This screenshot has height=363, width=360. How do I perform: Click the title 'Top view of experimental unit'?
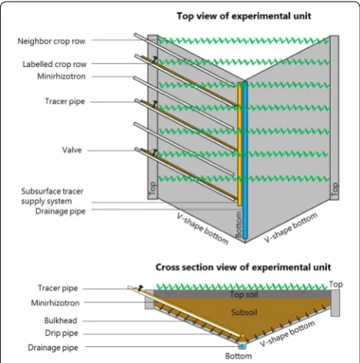tap(244, 16)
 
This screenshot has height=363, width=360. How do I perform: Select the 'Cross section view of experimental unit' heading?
tap(243, 267)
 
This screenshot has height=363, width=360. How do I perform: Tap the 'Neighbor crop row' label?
tap(51, 41)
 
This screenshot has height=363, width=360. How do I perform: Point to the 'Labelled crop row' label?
tap(55, 64)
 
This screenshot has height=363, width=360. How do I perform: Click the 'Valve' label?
tap(72, 150)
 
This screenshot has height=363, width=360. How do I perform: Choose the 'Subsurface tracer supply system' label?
tap(52, 196)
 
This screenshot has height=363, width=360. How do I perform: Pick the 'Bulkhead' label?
tap(61, 321)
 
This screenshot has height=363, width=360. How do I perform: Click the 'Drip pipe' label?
tap(62, 333)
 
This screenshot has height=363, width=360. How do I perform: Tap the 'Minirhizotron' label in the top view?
tap(61, 76)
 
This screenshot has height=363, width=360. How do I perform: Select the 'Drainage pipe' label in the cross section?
tap(52, 348)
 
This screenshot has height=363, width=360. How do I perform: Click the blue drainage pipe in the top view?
tap(245, 160)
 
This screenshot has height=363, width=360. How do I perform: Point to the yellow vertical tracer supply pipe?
tap(240, 144)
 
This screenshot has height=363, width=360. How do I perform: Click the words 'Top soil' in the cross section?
tap(244, 294)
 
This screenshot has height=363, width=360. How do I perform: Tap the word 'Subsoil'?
tap(244, 312)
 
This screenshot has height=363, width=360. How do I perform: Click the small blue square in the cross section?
tap(242, 346)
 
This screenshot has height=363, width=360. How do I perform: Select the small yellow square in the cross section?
tap(243, 336)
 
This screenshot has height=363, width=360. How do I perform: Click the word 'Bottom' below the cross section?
tap(238, 356)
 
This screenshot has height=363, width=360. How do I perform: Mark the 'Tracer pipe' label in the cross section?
tap(58, 288)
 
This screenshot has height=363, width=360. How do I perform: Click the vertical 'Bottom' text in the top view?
tap(239, 224)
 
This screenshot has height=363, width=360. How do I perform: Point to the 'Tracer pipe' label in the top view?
tap(65, 102)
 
